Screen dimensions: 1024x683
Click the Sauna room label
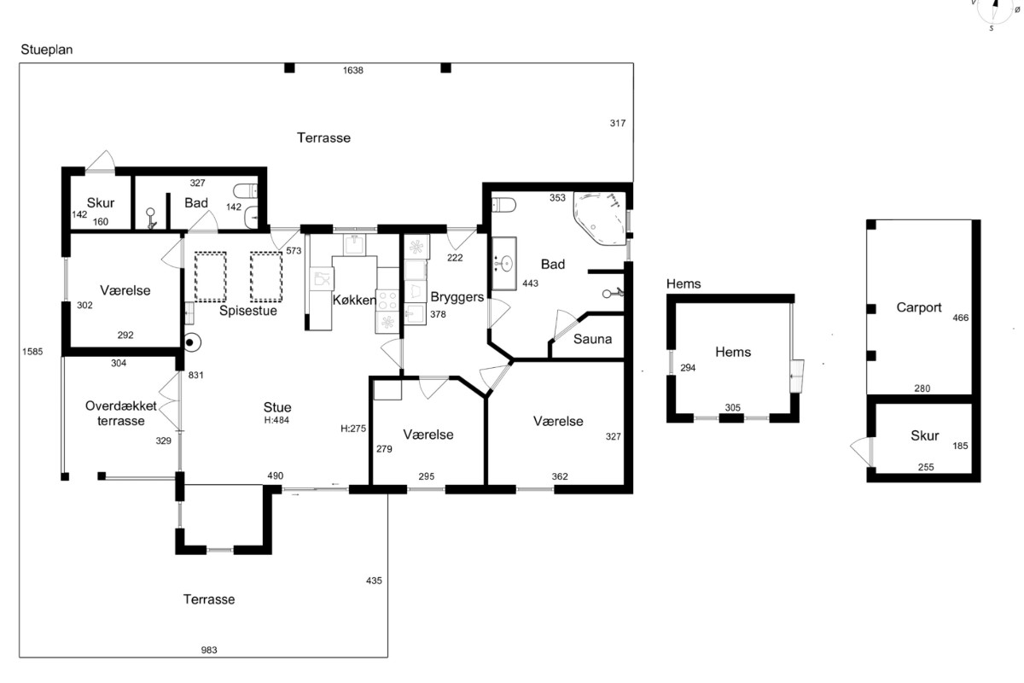[x=592, y=339]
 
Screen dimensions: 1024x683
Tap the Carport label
[x=919, y=307]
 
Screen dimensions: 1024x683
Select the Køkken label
[x=354, y=301]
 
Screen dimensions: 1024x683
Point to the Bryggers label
[x=457, y=297]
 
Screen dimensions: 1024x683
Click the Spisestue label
[x=248, y=311]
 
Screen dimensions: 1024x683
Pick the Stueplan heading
[x=47, y=50]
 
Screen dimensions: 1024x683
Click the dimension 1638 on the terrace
[x=353, y=71]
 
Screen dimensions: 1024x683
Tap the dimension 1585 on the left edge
[x=32, y=352]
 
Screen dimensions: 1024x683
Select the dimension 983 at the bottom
[x=209, y=650]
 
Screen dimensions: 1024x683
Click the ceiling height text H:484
[x=276, y=420]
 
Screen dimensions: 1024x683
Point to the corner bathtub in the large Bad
[x=600, y=219]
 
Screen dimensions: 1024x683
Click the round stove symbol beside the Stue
[x=193, y=342]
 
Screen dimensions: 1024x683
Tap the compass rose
[x=995, y=9]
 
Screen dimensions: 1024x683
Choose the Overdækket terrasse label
[x=121, y=413]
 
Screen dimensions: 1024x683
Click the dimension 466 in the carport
[x=961, y=318]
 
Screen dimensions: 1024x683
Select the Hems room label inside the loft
[x=733, y=352]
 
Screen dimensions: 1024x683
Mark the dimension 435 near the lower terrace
[x=374, y=581]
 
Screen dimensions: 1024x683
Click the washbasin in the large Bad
[x=504, y=264]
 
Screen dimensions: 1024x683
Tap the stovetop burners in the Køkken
[x=387, y=301]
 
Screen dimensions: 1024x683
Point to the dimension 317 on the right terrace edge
[x=618, y=124]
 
